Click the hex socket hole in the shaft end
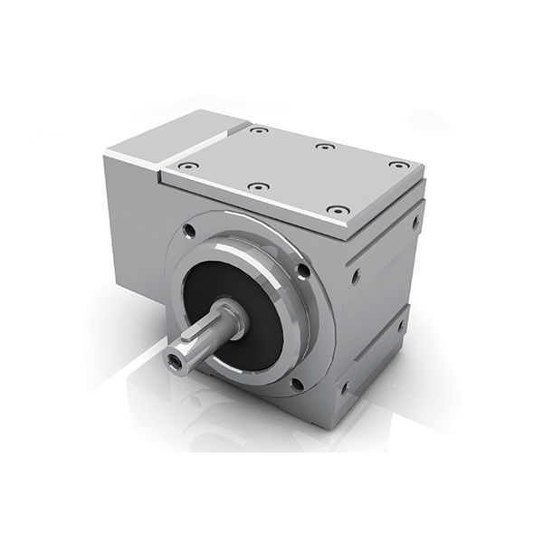tap(175, 360)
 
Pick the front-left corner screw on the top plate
tap(187, 167)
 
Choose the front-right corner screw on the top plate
tap(338, 210)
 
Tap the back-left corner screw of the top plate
tap(260, 130)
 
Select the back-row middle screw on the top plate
tap(323, 147)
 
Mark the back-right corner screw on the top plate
tap(397, 165)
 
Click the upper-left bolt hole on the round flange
tap(189, 230)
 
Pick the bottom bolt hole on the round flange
tap(296, 385)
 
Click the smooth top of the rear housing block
tap(181, 136)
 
